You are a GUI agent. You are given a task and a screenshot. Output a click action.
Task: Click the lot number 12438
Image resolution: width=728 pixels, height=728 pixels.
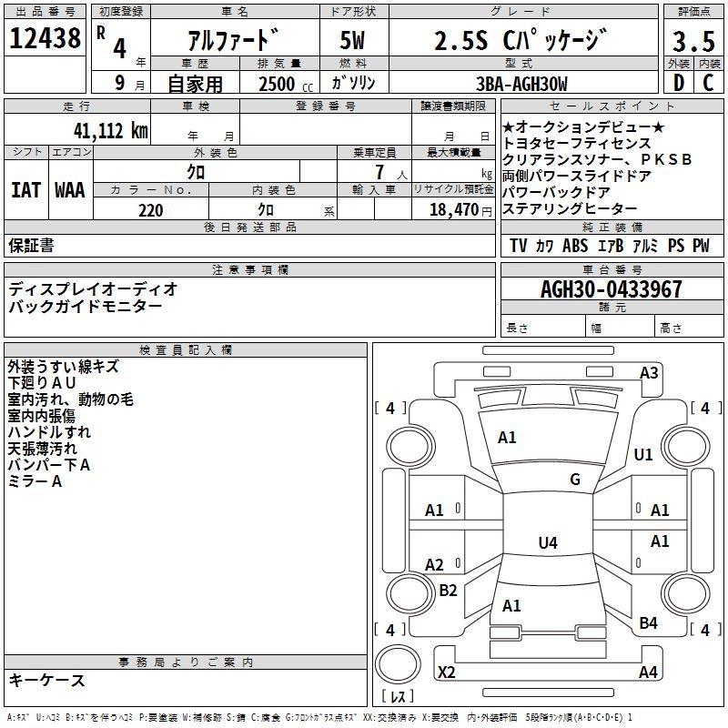[x=45, y=39]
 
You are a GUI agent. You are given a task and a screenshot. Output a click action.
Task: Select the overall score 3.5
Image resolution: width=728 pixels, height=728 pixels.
[x=693, y=41]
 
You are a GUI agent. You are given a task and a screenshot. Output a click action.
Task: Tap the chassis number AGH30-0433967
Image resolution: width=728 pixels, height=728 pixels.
[x=611, y=289]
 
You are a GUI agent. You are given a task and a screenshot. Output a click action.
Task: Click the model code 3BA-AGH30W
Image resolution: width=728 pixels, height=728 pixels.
[x=521, y=84]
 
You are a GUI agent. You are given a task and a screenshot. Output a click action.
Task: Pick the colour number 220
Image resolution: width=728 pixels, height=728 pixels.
[x=150, y=210]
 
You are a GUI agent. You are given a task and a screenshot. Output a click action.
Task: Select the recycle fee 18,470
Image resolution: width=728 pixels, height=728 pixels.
[x=454, y=210]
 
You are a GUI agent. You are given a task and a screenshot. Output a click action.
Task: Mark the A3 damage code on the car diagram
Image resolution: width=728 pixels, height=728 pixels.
[x=649, y=372]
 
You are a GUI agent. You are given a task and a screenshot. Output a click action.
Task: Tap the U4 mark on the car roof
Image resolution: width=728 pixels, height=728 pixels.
[x=547, y=543]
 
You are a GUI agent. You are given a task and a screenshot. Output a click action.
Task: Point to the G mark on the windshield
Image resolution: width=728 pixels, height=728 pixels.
[x=575, y=480]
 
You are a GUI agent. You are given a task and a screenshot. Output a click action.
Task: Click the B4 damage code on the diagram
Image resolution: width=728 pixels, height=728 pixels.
[x=648, y=623]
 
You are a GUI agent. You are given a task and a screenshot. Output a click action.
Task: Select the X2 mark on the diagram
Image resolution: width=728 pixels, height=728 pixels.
[x=447, y=672]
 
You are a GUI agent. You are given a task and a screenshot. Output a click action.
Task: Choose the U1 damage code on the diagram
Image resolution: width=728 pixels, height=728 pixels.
[x=643, y=454]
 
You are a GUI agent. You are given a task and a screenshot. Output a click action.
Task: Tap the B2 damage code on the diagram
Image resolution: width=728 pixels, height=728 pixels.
[x=448, y=591]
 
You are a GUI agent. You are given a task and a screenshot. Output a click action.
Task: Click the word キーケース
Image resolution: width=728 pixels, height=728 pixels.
[x=46, y=680]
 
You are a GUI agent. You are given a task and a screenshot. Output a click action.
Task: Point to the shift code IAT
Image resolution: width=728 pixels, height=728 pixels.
[x=26, y=189]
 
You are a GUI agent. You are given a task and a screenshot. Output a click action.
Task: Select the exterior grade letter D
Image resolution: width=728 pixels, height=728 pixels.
[x=678, y=84]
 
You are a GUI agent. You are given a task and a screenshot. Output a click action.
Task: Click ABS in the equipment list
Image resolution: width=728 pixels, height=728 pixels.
[x=575, y=246]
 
